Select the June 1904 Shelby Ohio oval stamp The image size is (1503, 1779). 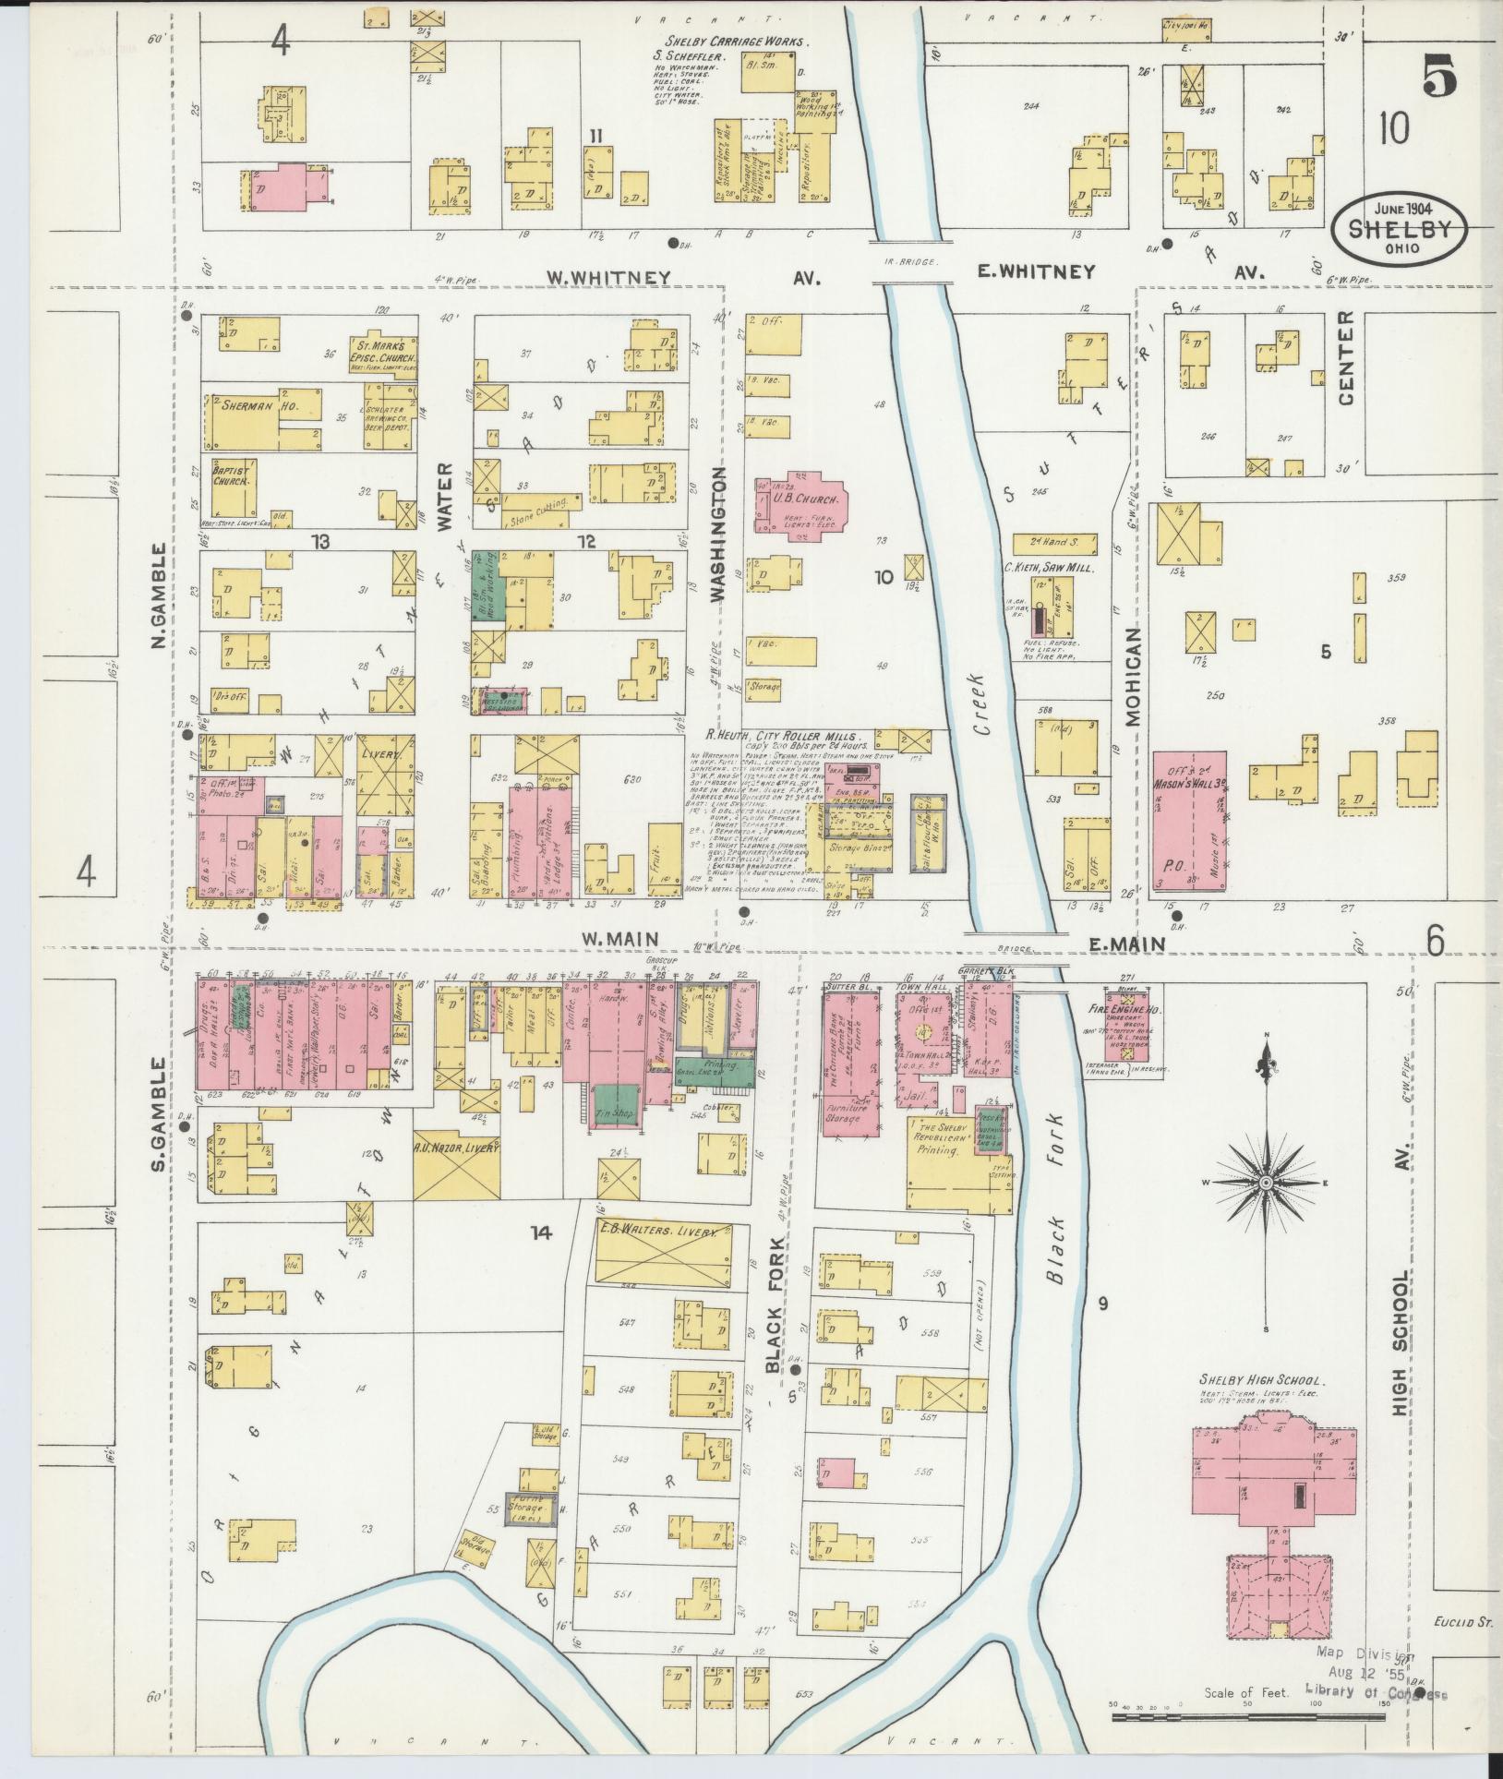click(1401, 226)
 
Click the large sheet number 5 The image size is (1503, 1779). click(1440, 78)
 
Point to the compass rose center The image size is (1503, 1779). click(1266, 1183)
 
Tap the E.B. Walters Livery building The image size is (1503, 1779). click(664, 1253)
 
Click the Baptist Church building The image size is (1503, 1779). click(233, 487)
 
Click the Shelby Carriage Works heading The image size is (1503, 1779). click(736, 42)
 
